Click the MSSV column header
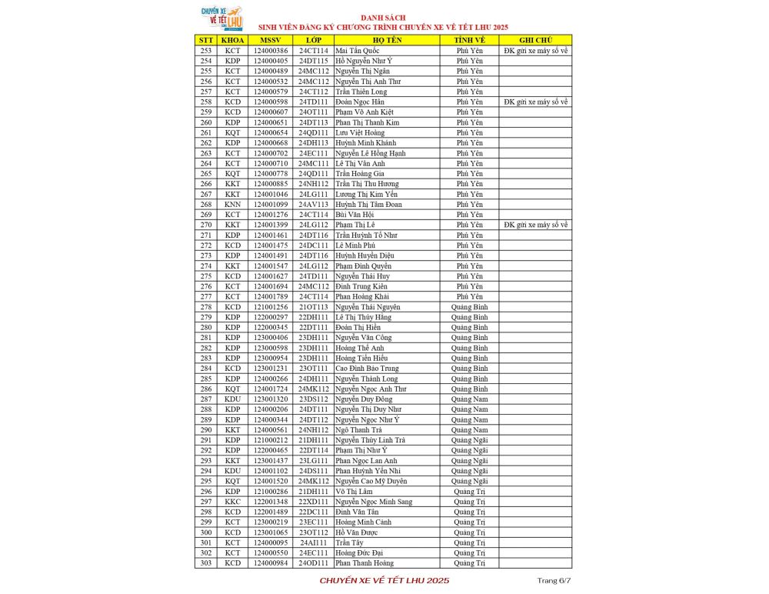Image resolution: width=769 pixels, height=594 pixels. coord(271,40)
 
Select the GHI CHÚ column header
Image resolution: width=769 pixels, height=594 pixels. coord(535,40)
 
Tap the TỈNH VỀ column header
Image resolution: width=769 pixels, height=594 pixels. coord(469,40)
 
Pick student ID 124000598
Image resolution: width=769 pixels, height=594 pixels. coord(271,102)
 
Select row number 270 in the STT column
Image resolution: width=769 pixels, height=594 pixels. coord(206,225)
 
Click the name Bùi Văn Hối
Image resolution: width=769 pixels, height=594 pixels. coord(355,215)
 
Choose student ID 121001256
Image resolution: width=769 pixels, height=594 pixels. coord(271,307)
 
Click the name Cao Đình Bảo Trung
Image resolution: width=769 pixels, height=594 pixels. coord(367,369)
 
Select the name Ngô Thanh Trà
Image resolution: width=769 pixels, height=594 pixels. coord(358,430)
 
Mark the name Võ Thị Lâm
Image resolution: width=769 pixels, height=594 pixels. coord(354,492)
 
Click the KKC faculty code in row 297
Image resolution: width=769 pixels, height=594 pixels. coord(232,502)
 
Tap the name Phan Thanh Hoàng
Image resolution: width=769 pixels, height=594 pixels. coord(365,563)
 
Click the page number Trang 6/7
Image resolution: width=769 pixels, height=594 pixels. coord(554,579)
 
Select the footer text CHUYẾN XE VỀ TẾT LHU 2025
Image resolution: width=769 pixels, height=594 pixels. coord(384,579)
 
